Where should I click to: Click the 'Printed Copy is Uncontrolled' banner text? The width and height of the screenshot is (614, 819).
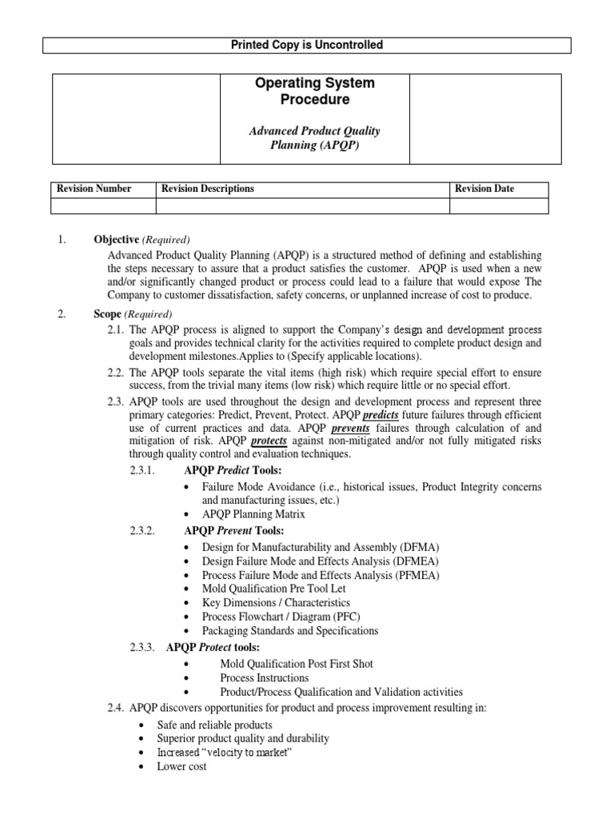tap(307, 45)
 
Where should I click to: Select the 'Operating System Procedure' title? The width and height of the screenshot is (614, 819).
tap(314, 91)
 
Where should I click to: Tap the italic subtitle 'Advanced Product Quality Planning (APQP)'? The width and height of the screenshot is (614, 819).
tap(314, 138)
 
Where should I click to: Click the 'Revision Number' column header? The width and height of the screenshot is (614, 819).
tap(94, 189)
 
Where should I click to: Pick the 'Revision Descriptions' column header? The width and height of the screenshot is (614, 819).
tap(208, 189)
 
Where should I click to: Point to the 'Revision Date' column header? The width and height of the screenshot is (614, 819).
tap(484, 189)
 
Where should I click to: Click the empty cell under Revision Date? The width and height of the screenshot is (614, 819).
tap(499, 206)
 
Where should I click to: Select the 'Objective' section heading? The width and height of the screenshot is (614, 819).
tap(116, 239)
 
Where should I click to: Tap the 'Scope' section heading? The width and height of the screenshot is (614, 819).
tap(107, 314)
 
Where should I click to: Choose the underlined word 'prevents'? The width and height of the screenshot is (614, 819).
tap(350, 428)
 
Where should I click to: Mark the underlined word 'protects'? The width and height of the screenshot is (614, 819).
tap(270, 441)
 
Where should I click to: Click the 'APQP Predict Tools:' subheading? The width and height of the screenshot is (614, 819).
tap(233, 469)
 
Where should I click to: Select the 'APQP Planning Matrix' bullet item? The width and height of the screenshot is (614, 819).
tap(253, 514)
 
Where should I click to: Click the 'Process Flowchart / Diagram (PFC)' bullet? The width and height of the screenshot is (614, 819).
tap(282, 617)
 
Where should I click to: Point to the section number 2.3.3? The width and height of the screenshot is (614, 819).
tap(145, 647)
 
